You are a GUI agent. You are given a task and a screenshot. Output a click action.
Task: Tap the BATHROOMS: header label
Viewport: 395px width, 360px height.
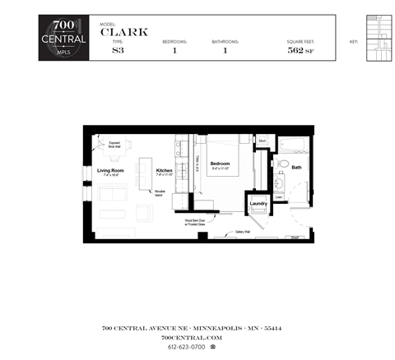[x=225, y=40]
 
